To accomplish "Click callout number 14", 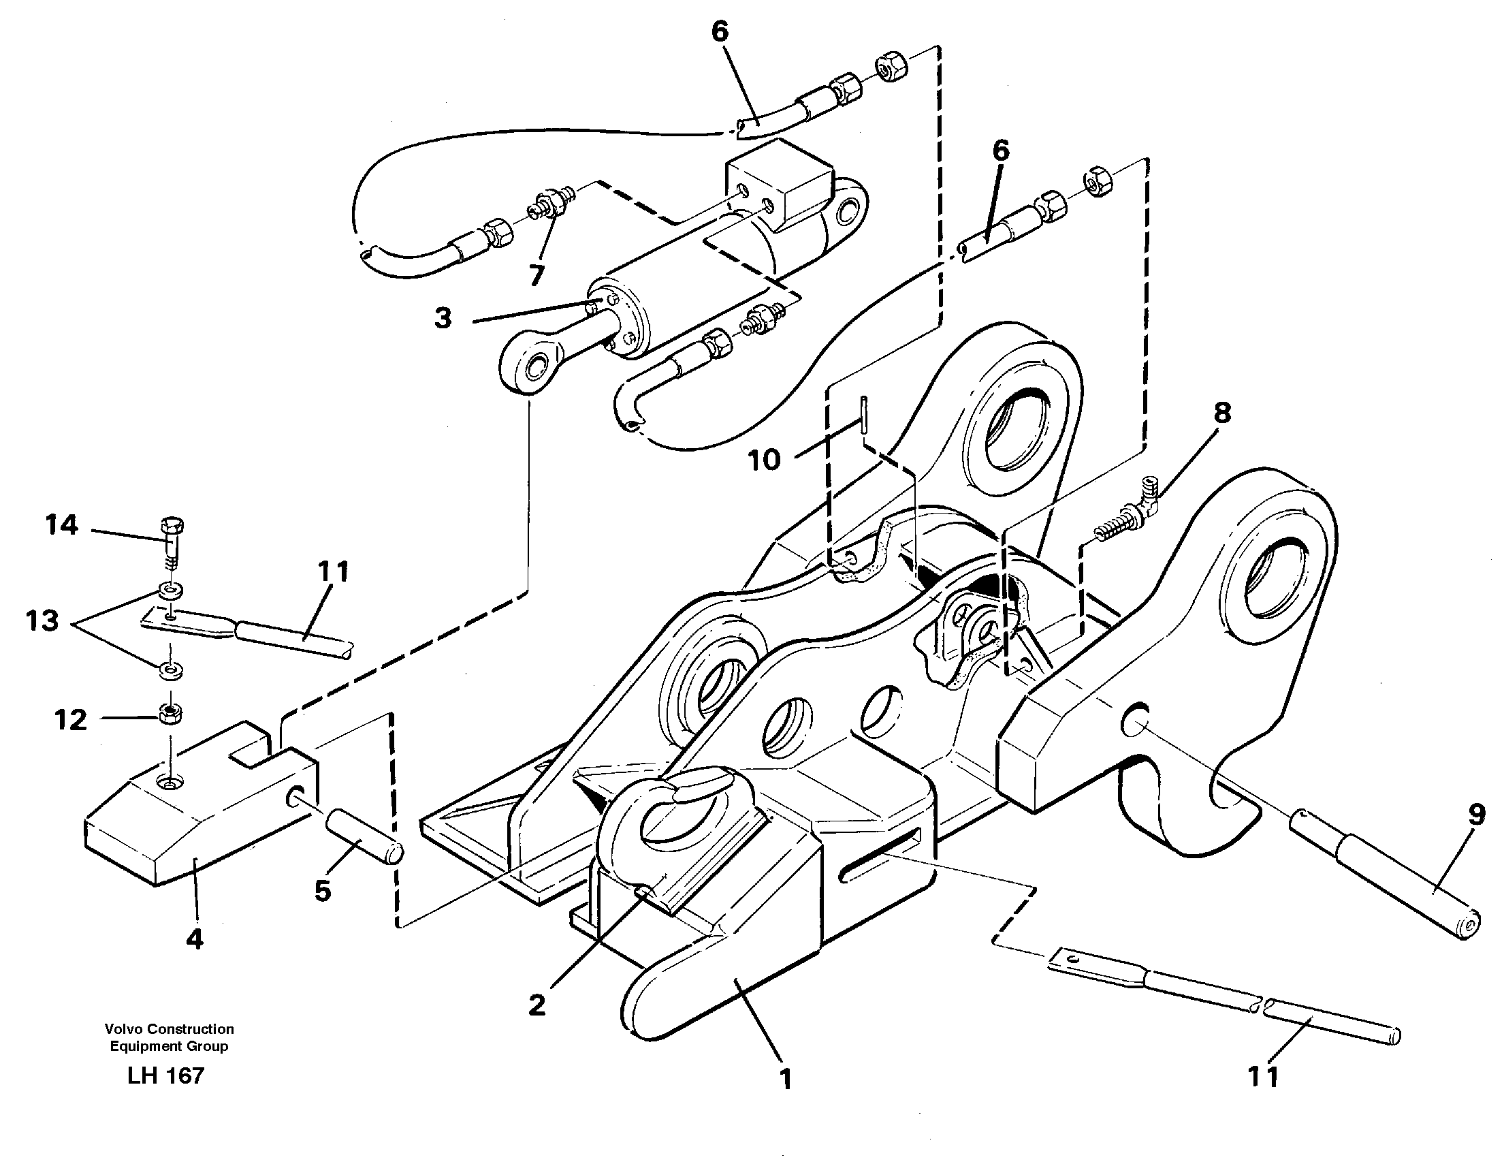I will pos(61,526).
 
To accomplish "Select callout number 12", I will pos(71,721).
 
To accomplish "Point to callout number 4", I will pos(195,939).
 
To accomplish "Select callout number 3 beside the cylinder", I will pos(443,318).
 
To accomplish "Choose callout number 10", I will pos(764,459).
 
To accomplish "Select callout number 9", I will pos(1476,815).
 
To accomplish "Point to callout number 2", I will pos(537,1005).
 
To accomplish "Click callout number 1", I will pos(785,1078).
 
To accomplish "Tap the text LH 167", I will pos(166,1076).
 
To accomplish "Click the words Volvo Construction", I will pos(169,1029).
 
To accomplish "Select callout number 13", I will pos(42,621).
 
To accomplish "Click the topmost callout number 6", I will pos(720,31).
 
